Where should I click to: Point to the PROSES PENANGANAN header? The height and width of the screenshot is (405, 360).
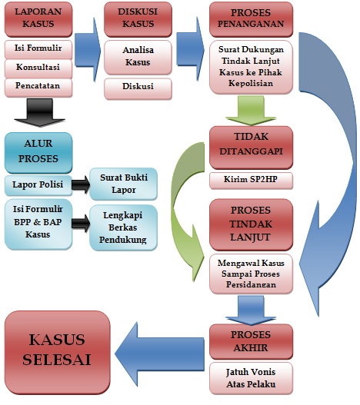(x=251, y=20)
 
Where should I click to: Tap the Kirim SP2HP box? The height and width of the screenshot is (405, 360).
(x=251, y=181)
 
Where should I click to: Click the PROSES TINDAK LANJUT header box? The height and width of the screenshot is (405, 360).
(x=251, y=223)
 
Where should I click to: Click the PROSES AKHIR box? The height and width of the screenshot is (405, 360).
(x=251, y=340)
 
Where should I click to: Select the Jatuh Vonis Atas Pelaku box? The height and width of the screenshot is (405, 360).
(x=251, y=377)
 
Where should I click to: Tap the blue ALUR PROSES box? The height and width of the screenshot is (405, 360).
(x=38, y=152)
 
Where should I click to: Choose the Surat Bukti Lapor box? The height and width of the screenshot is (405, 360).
(x=122, y=182)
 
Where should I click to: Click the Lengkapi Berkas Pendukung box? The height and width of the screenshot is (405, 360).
(x=122, y=227)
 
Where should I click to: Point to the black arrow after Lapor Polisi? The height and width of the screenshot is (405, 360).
(x=79, y=184)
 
